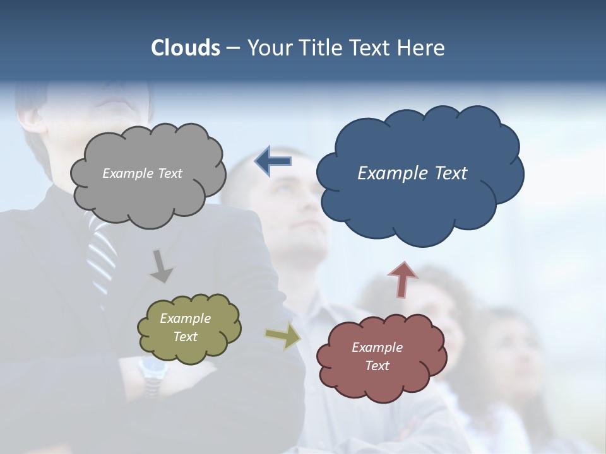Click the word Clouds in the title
[185, 48]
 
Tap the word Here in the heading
[422, 48]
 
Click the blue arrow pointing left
[273, 161]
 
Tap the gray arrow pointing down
[161, 266]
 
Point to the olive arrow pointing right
[283, 336]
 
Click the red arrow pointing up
[402, 279]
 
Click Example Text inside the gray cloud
[142, 173]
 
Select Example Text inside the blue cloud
[412, 173]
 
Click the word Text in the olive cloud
[186, 337]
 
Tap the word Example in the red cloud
[377, 347]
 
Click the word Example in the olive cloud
[186, 318]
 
